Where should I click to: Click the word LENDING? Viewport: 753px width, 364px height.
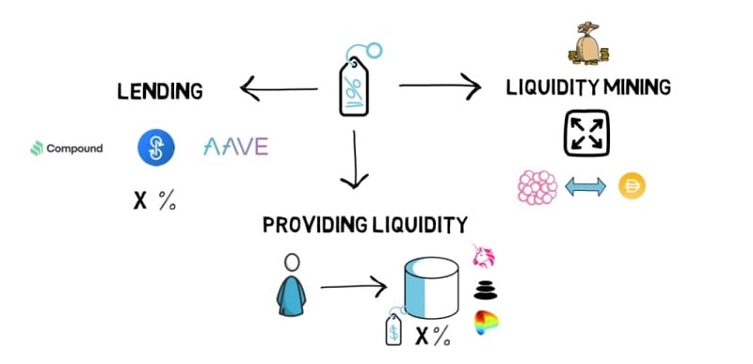tap(160, 92)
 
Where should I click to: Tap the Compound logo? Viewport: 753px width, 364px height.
tap(66, 148)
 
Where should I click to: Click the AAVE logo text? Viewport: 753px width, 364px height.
tap(235, 147)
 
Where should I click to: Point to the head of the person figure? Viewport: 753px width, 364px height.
tap(293, 262)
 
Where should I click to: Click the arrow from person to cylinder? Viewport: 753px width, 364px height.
tap(355, 285)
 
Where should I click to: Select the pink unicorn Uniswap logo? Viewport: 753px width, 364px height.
tap(485, 256)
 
